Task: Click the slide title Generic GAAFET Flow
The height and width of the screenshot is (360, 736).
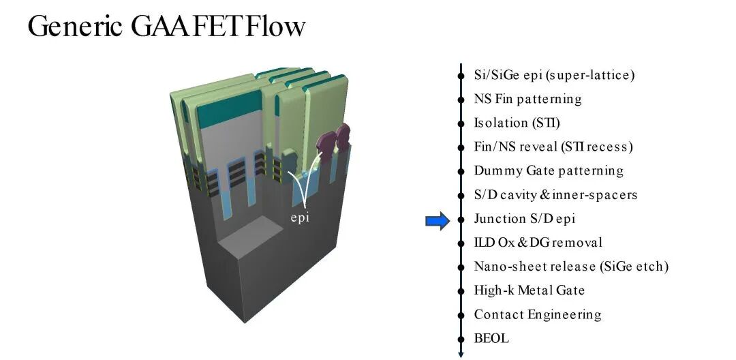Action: [167, 26]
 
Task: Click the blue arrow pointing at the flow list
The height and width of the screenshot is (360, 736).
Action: [438, 221]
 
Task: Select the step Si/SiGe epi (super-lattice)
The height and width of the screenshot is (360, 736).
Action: [554, 75]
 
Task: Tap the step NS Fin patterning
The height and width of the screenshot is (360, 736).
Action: [527, 99]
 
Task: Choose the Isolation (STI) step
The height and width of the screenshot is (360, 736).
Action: [517, 123]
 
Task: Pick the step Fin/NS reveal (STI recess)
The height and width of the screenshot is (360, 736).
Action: [553, 147]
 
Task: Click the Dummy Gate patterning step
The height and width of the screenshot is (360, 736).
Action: [549, 171]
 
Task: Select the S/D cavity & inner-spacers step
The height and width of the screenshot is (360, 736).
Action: [556, 195]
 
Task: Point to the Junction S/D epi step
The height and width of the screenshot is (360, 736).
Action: [524, 219]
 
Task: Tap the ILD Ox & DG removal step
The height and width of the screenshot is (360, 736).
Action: [538, 243]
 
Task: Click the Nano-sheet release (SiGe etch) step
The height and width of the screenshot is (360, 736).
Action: [571, 267]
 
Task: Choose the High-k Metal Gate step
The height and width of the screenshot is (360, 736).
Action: [530, 290]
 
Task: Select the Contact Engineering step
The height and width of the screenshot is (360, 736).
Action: [538, 314]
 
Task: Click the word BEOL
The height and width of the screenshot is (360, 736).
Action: [491, 338]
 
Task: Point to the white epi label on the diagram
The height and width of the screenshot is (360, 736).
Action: [301, 219]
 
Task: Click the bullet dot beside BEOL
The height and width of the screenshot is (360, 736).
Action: [461, 339]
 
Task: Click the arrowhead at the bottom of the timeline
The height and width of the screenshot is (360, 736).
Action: [461, 354]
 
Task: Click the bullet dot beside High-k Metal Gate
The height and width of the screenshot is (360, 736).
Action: [461, 291]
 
